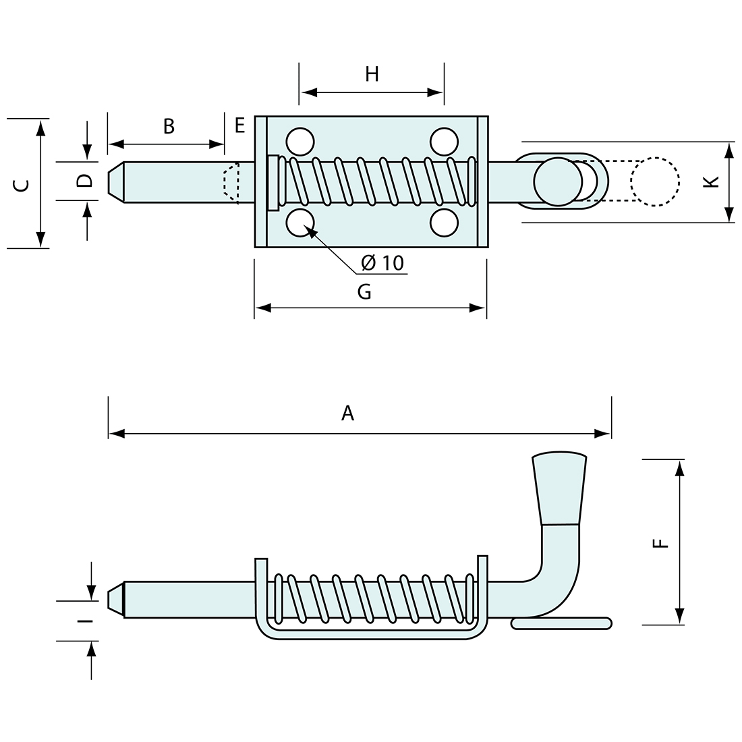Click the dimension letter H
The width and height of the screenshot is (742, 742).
pos(372,74)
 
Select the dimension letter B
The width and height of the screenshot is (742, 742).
pos(169,125)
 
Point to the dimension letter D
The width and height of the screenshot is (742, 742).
pos(84,181)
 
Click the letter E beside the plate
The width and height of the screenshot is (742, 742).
pos(239,125)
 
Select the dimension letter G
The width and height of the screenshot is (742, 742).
pos(364,291)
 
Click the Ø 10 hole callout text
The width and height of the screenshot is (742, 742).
pos(382,263)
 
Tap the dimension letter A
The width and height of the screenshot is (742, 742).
pos(347,413)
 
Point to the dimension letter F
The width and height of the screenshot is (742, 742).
pos(662,542)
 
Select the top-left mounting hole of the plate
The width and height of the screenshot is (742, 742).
pos(300,142)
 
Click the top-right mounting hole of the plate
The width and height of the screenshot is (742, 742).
pos(443,142)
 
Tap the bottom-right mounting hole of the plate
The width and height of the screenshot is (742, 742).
pos(443,223)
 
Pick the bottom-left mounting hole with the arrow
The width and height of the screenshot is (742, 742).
pos(300,223)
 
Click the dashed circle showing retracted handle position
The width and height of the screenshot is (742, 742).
pos(654,181)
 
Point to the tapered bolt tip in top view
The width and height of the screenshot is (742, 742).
pos(115,181)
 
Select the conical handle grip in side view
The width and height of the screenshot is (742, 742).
pos(559,487)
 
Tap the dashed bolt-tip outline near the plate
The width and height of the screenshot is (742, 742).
pos(231,182)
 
